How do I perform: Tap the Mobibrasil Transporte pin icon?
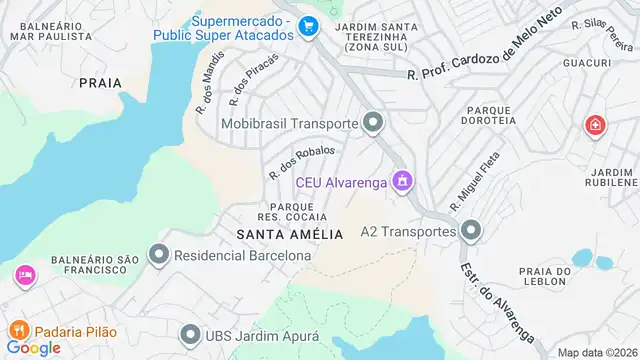point(374,124)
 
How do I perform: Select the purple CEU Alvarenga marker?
point(402,181)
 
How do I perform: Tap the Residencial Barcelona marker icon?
point(159,255)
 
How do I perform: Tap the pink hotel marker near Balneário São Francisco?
point(22,274)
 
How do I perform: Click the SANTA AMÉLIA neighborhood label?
point(289,234)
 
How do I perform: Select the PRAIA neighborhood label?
point(99,83)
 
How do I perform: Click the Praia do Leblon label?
point(545,278)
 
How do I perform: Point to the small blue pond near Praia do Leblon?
point(605,263)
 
